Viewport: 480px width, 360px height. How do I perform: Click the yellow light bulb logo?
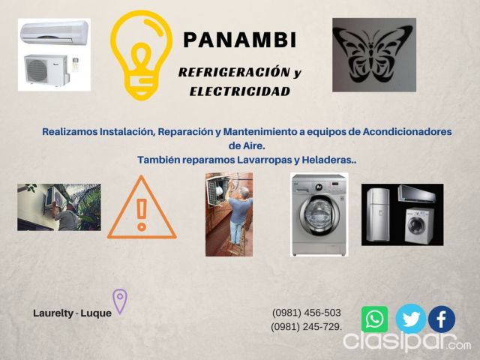pyautogui.click(x=141, y=55)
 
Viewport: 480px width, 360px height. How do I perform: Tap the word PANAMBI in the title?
pyautogui.click(x=240, y=40)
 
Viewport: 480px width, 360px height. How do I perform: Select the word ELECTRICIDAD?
pyautogui.click(x=240, y=91)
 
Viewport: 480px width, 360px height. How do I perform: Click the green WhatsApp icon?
pyautogui.click(x=374, y=319)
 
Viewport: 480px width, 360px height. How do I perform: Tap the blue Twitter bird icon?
pyautogui.click(x=411, y=319)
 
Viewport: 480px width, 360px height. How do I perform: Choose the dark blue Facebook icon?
pyautogui.click(x=442, y=319)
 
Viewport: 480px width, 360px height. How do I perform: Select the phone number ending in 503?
pyautogui.click(x=307, y=313)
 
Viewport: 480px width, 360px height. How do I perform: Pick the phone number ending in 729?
pyautogui.click(x=307, y=327)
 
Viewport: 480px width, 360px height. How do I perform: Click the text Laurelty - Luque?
pyautogui.click(x=72, y=313)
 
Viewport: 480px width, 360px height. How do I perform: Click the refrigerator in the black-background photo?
pyautogui.click(x=378, y=214)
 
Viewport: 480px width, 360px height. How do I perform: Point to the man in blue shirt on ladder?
pyautogui.click(x=238, y=215)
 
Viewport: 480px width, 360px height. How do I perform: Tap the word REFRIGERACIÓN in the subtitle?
pyautogui.click(x=234, y=72)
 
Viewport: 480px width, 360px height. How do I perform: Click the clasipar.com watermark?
pyautogui.click(x=407, y=341)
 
